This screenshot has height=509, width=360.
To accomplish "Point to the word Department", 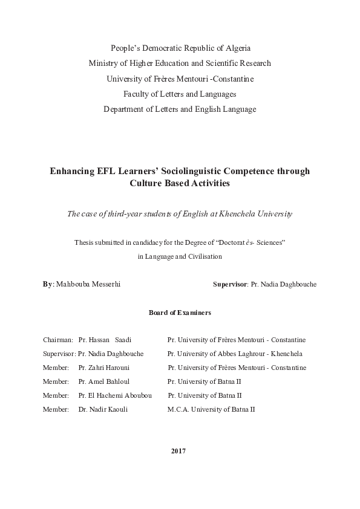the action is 126,109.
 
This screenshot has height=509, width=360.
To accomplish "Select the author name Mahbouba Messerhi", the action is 88,284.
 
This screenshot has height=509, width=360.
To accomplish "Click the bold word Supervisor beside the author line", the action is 231,284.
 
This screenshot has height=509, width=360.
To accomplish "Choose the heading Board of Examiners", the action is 180,313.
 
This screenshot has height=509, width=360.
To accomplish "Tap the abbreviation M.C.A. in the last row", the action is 178,409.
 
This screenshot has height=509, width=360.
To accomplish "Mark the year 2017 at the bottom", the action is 178,451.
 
